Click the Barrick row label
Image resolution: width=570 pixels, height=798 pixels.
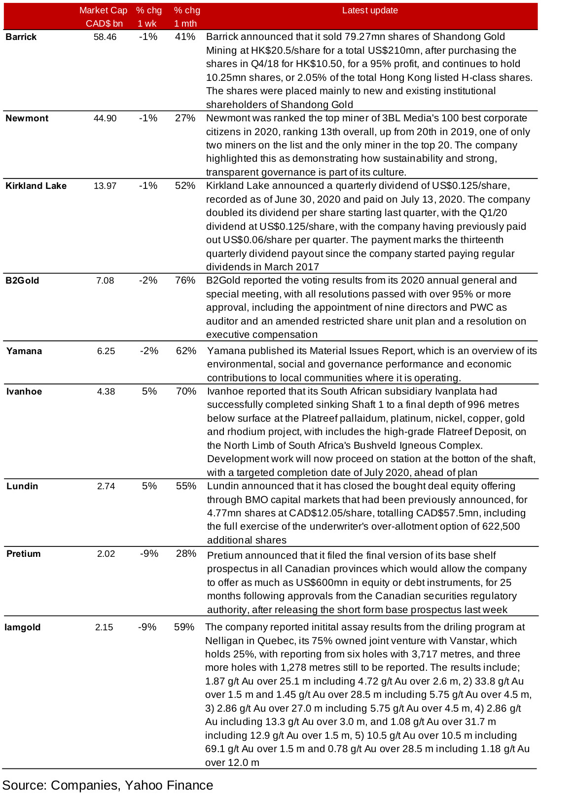pos(21,37)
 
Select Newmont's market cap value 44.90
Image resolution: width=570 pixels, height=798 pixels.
pos(105,118)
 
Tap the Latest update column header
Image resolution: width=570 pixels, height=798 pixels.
pos(370,10)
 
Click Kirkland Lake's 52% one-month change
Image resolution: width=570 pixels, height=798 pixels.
pos(185,186)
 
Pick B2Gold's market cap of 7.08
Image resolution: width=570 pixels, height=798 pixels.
pos(105,281)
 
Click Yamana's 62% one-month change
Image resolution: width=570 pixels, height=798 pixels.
pos(186,351)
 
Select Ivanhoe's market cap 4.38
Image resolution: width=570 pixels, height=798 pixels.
pos(106,392)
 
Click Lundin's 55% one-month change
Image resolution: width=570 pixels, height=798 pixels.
pos(186,486)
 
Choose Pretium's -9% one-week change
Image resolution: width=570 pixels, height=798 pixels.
pos(149,554)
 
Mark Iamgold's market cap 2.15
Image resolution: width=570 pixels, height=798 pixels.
pos(104,627)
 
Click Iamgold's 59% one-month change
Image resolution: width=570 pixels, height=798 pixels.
pos(184,627)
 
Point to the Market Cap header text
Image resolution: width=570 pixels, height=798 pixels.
pos(103,10)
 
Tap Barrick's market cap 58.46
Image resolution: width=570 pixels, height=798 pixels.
pos(105,37)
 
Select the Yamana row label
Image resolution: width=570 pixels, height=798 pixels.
pos(24,351)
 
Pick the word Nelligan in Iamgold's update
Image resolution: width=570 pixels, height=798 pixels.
pos(223,641)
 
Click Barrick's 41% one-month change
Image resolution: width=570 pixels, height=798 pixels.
pos(185,37)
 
